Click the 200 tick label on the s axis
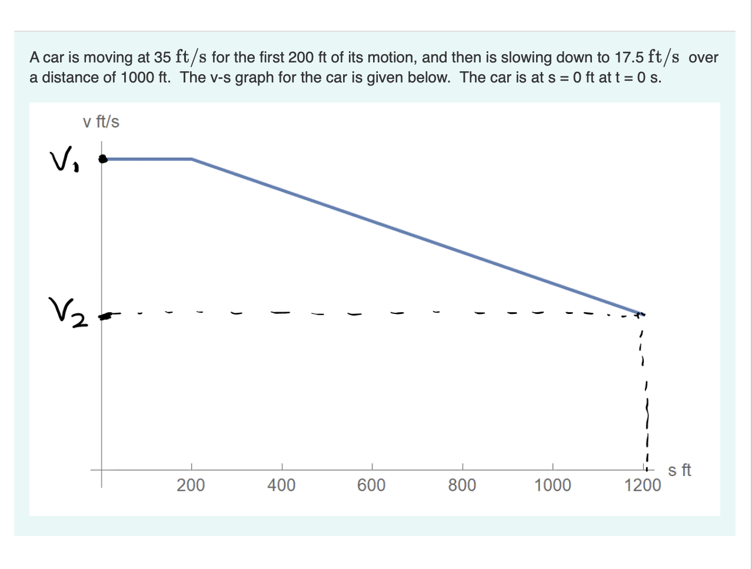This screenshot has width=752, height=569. click(191, 485)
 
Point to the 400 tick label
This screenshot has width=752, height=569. click(281, 485)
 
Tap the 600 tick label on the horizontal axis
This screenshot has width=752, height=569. click(371, 485)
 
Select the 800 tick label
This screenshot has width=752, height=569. click(462, 485)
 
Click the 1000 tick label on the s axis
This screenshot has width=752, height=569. click(552, 485)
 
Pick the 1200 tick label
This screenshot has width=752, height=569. click(643, 485)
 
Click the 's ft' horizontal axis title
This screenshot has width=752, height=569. click(680, 470)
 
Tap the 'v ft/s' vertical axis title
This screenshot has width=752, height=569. click(101, 122)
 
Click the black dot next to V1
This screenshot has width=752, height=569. click(103, 158)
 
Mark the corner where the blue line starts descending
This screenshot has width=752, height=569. click(192, 158)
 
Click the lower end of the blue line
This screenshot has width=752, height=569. click(638, 313)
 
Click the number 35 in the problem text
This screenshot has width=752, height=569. click(162, 58)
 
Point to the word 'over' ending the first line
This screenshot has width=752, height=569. click(703, 58)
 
